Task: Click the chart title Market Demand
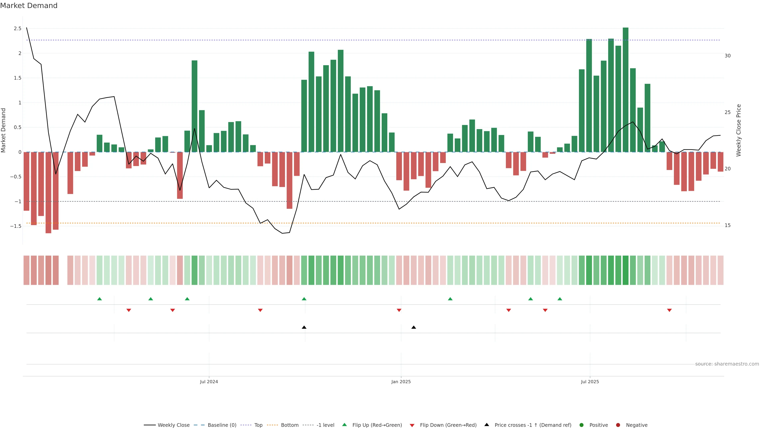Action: (x=29, y=6)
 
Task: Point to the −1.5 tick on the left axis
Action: (x=16, y=226)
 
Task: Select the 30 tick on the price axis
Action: (x=728, y=56)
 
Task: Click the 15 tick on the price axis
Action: (x=728, y=225)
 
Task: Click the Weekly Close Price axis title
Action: (x=739, y=130)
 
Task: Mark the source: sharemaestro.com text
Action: (x=727, y=364)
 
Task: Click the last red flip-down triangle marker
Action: (x=669, y=310)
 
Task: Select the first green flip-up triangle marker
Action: (x=100, y=299)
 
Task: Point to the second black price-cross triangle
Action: (x=414, y=327)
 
